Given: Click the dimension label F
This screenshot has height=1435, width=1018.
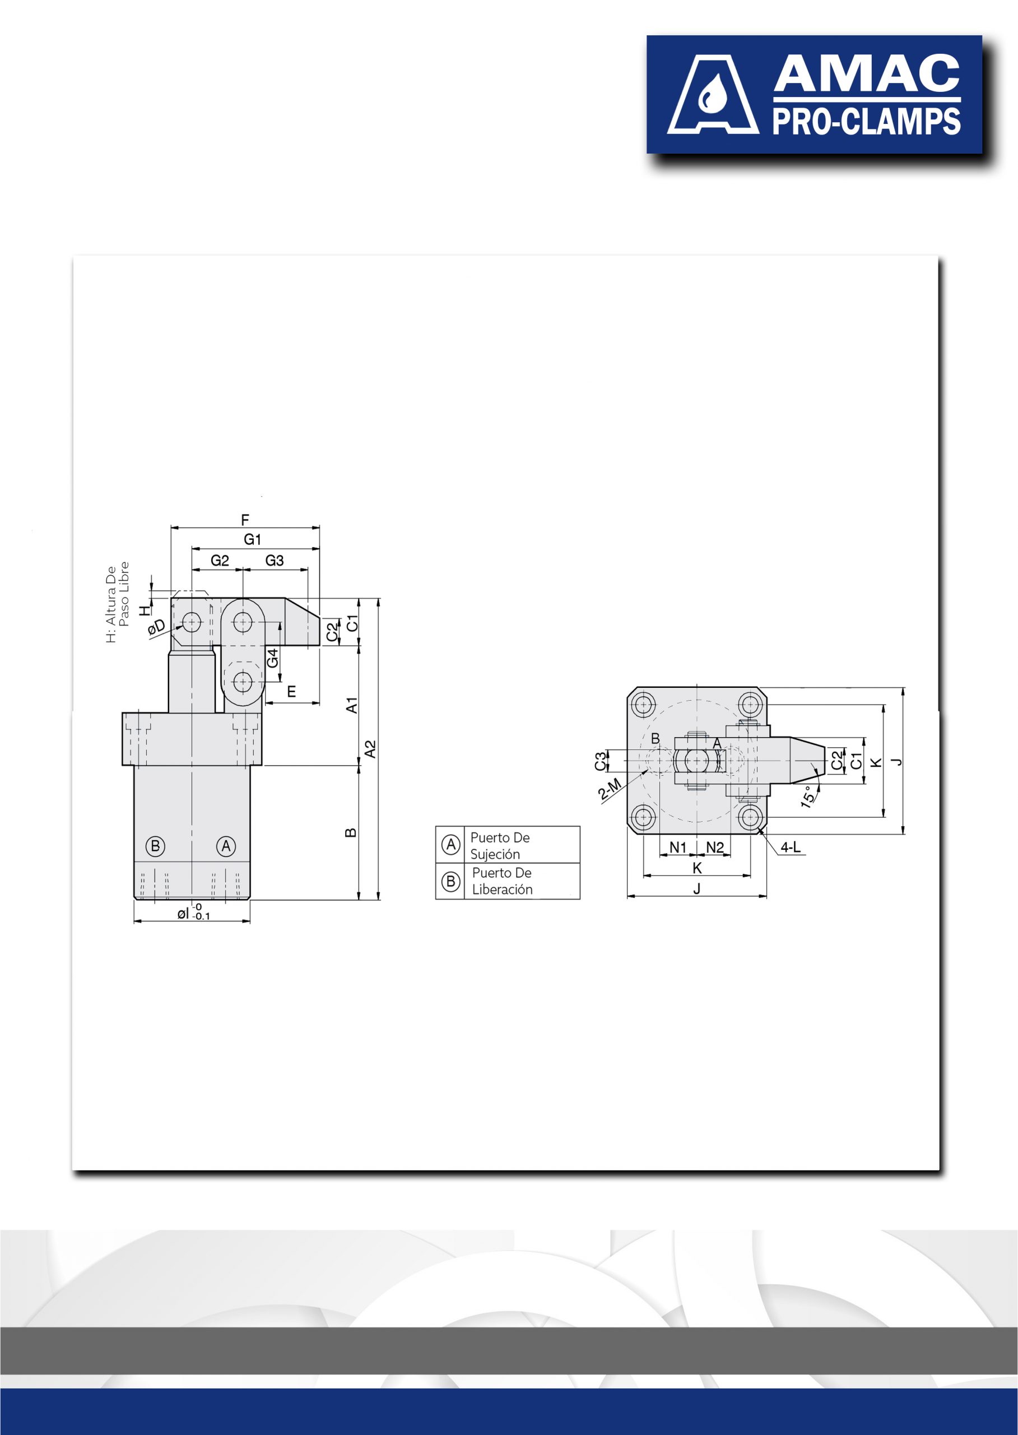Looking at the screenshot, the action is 245,520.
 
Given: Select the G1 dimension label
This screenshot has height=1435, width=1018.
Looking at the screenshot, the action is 253,539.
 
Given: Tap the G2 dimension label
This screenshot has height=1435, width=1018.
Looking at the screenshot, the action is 220,561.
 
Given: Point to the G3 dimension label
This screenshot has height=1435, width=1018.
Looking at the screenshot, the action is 275,561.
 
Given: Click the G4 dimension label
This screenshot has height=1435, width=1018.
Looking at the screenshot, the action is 273,658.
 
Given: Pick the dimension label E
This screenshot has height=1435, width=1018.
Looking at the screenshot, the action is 291,692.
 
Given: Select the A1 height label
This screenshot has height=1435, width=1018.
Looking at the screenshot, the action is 352,705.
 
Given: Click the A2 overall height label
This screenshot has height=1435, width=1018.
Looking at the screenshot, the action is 370,749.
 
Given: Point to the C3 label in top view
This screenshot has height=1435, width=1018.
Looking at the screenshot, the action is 601,761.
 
